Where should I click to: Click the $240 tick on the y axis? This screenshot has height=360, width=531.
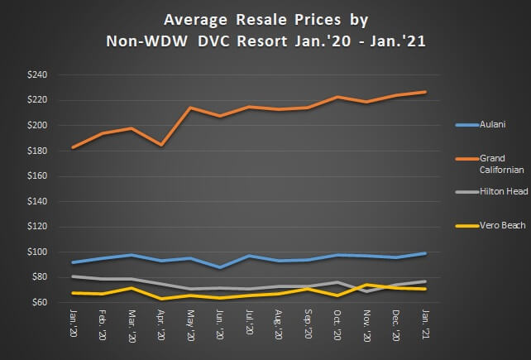click(x=39, y=74)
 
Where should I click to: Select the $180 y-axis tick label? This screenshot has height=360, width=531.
click(x=39, y=151)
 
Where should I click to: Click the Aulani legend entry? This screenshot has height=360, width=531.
click(x=491, y=125)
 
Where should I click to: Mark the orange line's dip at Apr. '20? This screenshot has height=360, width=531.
click(x=161, y=145)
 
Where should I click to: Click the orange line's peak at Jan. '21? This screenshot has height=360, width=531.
click(x=425, y=92)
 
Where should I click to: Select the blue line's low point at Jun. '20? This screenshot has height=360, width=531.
click(x=220, y=267)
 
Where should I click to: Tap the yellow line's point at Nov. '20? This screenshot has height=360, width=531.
click(x=366, y=285)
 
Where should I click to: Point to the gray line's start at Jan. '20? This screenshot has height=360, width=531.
click(x=74, y=276)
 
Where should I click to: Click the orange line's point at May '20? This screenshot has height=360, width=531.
click(x=190, y=108)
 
